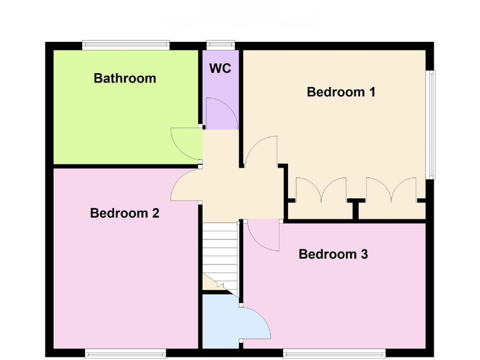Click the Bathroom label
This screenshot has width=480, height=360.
[x=124, y=79]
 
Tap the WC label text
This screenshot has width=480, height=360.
[x=220, y=68]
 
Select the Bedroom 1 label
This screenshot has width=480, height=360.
[x=341, y=92]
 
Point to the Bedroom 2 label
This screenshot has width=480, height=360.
[x=124, y=213]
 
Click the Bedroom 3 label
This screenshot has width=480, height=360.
[x=333, y=254]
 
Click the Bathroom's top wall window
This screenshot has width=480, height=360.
[x=126, y=44]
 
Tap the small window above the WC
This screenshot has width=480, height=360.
[x=221, y=44]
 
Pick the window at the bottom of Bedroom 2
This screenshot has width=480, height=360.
[x=126, y=352]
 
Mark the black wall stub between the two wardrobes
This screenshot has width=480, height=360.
[x=356, y=209]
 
